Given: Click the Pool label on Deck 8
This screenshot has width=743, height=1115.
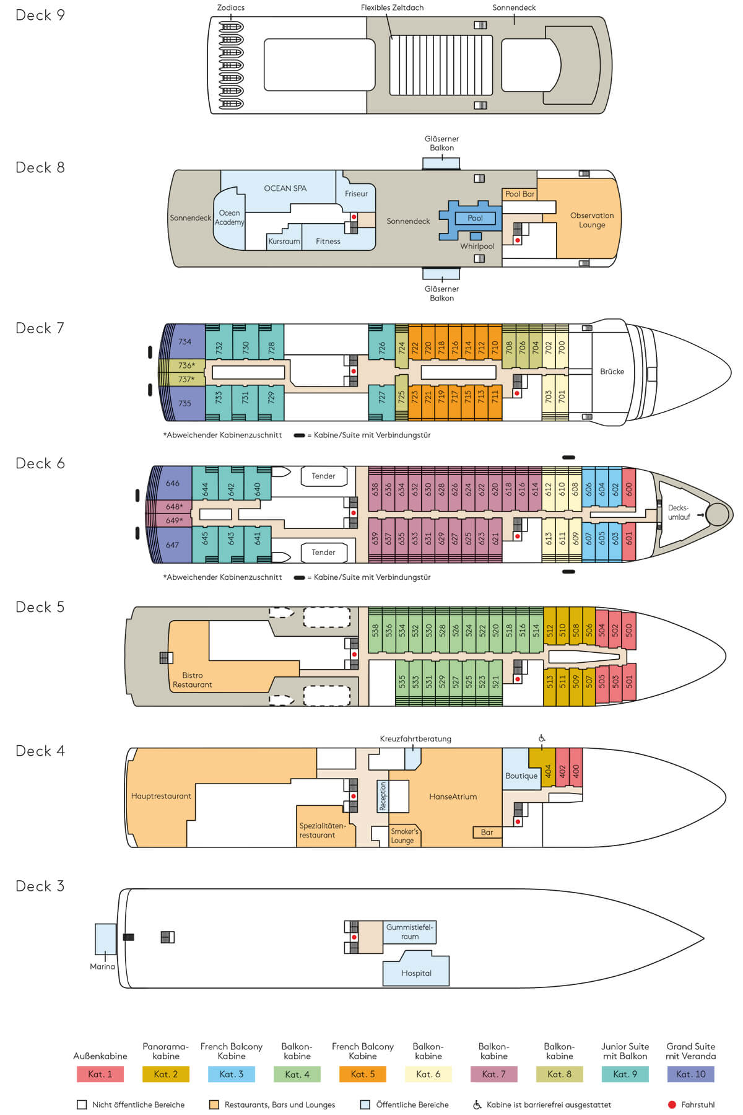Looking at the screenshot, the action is pos(475,218).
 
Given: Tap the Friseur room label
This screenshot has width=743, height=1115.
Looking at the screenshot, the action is pos(356,194).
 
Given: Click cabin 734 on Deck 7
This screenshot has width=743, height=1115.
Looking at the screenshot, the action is pos(183,341).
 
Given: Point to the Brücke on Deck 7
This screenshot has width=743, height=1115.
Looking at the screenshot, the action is pos(612,372).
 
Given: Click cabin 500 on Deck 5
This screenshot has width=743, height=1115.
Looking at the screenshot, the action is pos(629,629).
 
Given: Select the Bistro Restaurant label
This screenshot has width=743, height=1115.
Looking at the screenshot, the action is pos(193,680).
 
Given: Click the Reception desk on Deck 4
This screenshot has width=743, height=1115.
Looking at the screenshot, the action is pos(383,796).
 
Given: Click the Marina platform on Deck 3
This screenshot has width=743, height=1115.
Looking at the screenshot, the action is pos(105,939).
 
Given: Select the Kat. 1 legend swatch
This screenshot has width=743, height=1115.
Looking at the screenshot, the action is pos(100,1074).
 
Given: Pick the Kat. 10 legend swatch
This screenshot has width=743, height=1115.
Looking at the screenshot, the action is pos(691,1074).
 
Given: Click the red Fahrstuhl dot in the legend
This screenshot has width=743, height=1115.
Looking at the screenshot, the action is pos(672,1104).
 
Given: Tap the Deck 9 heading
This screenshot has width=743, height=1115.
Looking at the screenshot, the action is pos(40,15).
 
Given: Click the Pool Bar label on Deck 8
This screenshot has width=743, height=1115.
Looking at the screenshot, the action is pos(519,194).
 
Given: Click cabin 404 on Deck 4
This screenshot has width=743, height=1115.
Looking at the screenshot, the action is pos(548,771).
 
